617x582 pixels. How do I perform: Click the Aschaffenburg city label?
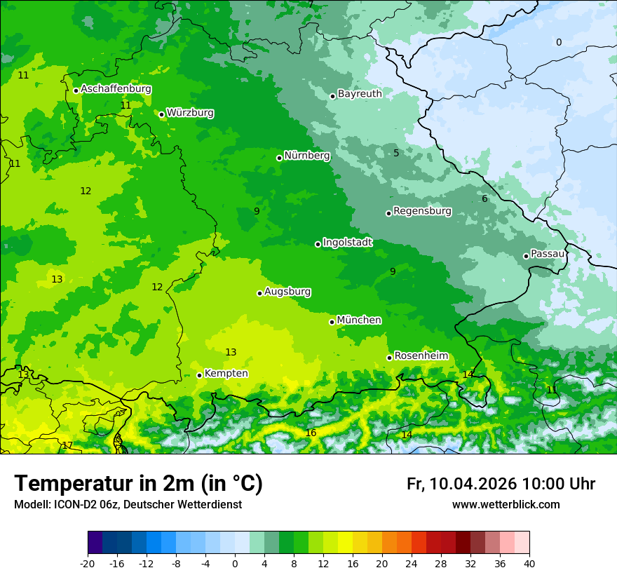click(116, 89)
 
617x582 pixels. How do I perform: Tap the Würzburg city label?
click(190, 113)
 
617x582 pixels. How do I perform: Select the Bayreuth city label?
click(360, 94)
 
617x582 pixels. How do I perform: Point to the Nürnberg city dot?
click(279, 158)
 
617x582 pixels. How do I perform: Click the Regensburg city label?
click(422, 211)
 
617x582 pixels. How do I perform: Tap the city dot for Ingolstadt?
click(318, 244)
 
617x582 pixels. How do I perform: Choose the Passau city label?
click(548, 254)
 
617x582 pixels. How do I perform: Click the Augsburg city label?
click(287, 292)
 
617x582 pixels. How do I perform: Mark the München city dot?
click(332, 322)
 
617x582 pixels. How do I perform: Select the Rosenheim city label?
click(421, 356)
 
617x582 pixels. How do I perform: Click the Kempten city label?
click(226, 374)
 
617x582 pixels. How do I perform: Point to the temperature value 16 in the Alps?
click(311, 433)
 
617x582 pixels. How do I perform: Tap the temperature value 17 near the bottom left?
click(67, 446)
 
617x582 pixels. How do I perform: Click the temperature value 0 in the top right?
click(559, 43)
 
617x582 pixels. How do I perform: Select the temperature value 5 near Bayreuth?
click(396, 154)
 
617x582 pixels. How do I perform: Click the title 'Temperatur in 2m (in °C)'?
click(139, 484)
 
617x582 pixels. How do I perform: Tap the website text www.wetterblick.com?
click(506, 505)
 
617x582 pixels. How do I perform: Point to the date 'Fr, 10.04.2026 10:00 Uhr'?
click(501, 484)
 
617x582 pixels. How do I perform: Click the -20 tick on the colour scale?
click(88, 564)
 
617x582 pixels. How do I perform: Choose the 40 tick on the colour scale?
click(529, 564)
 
